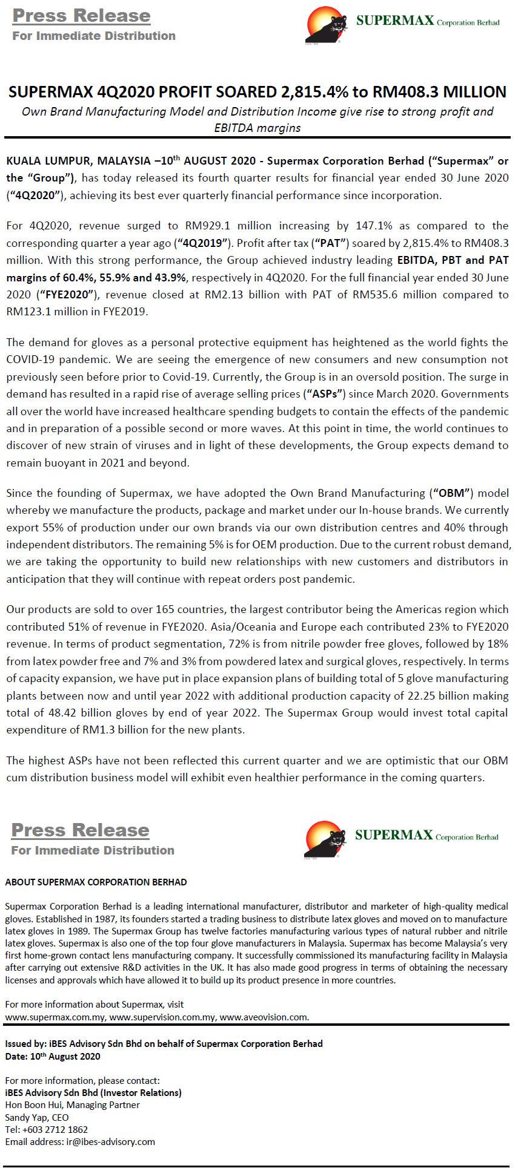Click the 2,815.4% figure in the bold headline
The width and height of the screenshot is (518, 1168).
(313, 92)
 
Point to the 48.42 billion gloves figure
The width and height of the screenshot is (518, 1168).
(59, 713)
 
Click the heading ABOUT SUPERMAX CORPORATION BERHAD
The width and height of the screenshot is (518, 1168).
(96, 882)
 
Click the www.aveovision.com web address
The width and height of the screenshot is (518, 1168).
(264, 1017)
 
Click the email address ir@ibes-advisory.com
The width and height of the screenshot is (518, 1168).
(110, 1141)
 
